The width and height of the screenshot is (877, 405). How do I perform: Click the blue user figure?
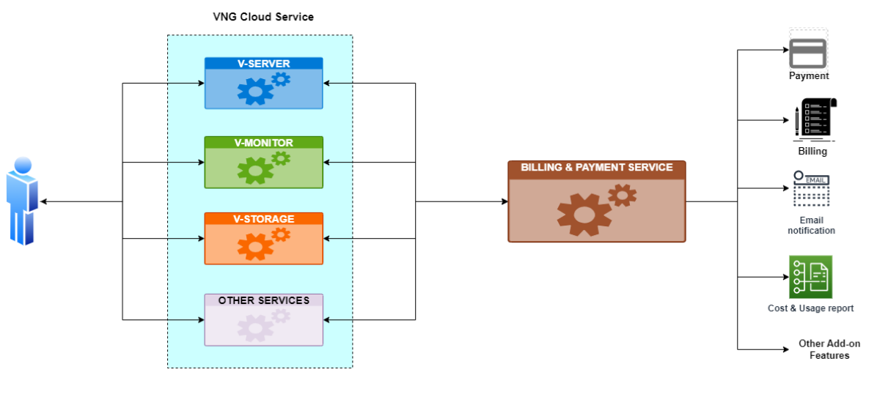[x=22, y=201]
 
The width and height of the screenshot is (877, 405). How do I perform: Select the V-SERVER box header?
[x=263, y=64]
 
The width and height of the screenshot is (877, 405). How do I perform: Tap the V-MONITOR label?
[x=263, y=143]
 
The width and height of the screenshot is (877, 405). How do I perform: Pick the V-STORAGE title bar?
[x=263, y=219]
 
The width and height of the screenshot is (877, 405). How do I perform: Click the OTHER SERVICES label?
[x=263, y=300]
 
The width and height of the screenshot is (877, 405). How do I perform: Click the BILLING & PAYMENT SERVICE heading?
[x=596, y=168]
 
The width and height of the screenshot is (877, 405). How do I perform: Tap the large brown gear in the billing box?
[x=584, y=214]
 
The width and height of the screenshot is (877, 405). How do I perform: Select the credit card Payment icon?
[x=808, y=53]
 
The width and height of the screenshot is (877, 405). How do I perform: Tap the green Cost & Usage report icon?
[x=810, y=277]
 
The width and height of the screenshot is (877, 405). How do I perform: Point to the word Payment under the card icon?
[x=809, y=75]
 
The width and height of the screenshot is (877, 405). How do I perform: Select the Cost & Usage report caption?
[x=810, y=308]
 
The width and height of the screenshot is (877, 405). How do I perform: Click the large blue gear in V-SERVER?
[x=254, y=92]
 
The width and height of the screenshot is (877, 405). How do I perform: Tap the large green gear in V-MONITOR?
[x=254, y=170]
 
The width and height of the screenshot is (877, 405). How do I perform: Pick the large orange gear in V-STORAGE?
[x=254, y=247]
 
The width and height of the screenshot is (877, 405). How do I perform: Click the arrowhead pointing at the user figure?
[x=43, y=201]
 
